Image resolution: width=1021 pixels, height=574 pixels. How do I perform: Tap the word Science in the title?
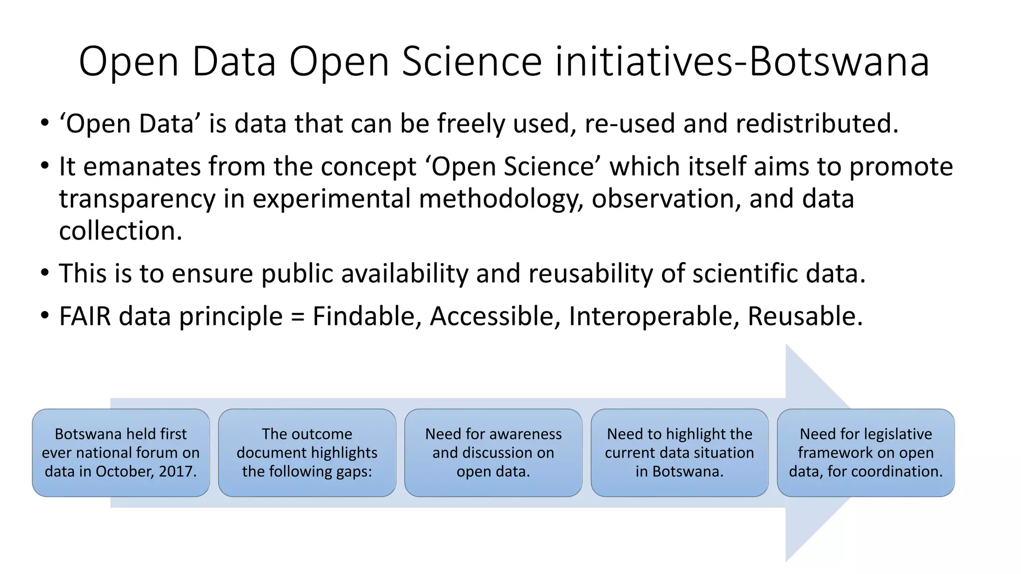click(471, 61)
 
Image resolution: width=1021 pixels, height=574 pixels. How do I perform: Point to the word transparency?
click(137, 199)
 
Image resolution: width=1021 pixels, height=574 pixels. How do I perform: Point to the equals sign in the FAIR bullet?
click(298, 317)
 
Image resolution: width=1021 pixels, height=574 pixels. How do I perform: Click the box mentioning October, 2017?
click(121, 452)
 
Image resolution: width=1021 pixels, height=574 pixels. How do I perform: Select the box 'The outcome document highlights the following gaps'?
click(307, 452)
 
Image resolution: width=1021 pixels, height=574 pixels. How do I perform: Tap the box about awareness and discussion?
click(493, 452)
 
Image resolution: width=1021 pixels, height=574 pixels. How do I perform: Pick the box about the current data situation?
click(680, 452)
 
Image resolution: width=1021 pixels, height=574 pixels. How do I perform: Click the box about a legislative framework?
click(865, 452)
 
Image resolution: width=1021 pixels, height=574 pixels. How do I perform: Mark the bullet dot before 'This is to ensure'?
click(45, 273)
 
